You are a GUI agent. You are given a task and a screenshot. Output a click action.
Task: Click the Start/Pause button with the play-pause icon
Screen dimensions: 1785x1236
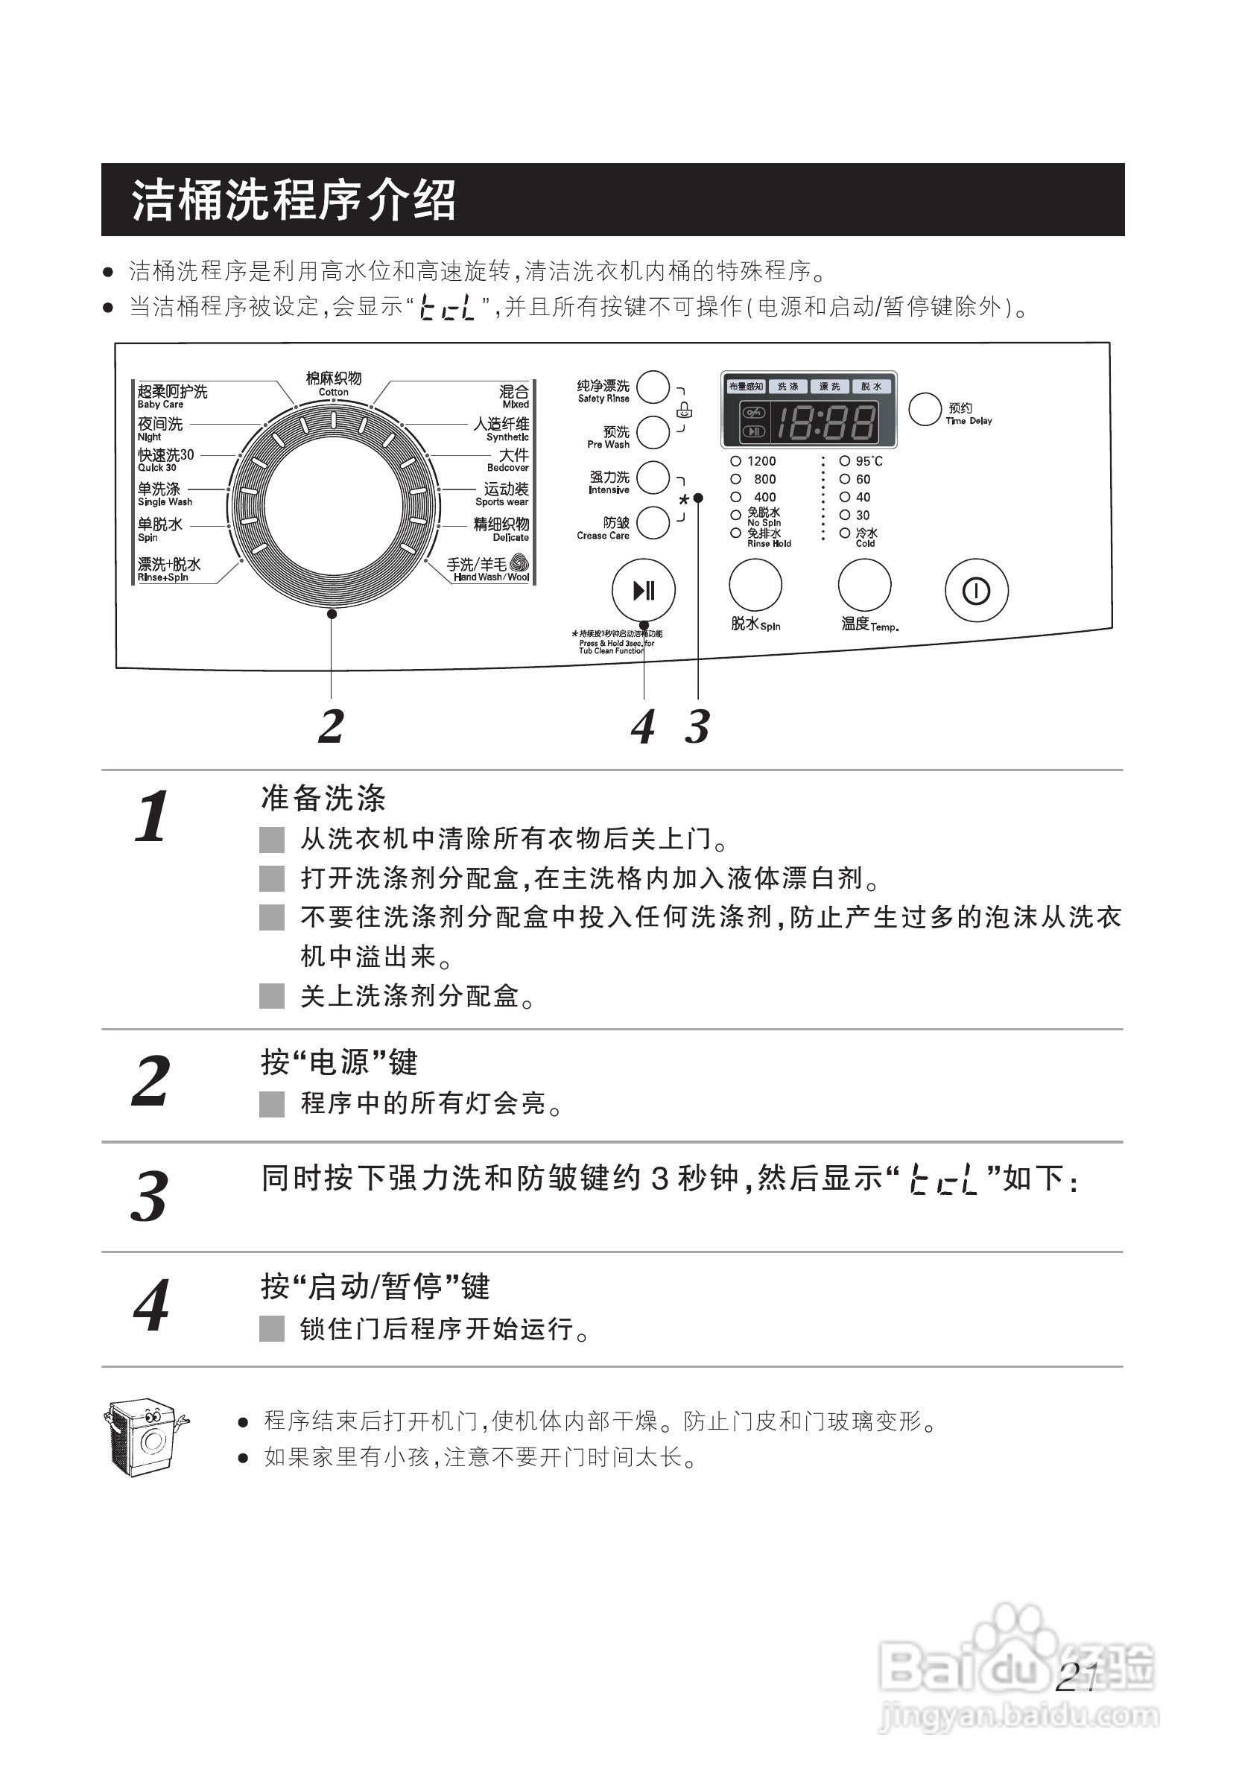click(x=644, y=591)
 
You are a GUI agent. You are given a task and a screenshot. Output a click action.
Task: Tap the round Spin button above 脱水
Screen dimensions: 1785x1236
click(x=755, y=585)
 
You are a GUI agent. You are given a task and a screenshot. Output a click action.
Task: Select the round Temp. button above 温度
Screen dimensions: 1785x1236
click(x=864, y=585)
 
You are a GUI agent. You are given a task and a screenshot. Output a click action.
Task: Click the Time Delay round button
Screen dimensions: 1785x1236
click(x=925, y=409)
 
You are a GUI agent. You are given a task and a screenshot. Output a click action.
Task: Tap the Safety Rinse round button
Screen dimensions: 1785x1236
click(x=653, y=387)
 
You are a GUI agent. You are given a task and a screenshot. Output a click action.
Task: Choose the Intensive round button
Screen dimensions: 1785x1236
click(x=653, y=478)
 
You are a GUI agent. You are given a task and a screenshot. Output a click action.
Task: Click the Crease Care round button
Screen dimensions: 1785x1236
click(x=653, y=523)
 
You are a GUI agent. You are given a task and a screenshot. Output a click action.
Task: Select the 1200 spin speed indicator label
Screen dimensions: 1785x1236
click(x=761, y=460)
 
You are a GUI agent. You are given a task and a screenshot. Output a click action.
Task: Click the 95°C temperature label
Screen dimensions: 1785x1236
click(x=868, y=460)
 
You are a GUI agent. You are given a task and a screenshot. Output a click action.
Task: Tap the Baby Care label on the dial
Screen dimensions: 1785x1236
click(x=172, y=396)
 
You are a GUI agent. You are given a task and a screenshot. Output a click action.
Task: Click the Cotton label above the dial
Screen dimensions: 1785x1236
click(x=334, y=384)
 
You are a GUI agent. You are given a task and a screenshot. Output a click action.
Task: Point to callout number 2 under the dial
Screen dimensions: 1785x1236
click(x=331, y=726)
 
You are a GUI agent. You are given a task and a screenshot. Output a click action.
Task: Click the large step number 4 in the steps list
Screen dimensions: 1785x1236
click(x=151, y=1306)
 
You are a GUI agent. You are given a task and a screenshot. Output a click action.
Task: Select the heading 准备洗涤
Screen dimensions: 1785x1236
click(x=323, y=799)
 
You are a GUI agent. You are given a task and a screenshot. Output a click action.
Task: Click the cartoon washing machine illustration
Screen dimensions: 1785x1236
click(x=145, y=1436)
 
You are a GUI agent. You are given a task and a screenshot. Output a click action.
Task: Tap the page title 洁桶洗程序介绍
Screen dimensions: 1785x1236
click(x=294, y=200)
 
